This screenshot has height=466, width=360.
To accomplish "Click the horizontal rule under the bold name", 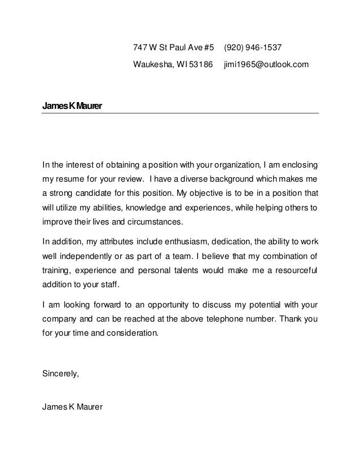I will point(181,113).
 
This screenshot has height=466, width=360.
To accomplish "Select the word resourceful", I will point(294,270).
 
